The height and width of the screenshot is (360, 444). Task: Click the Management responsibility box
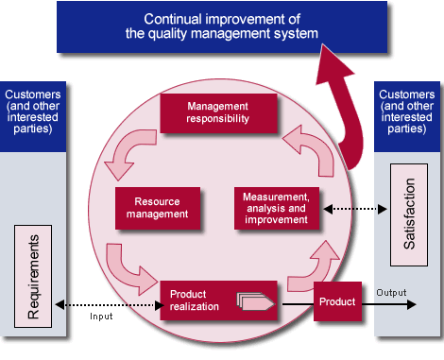(x=217, y=112)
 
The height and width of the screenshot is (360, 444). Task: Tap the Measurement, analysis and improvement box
(x=276, y=208)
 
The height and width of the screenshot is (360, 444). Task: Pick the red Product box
(x=337, y=301)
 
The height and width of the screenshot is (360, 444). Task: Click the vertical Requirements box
(x=33, y=271)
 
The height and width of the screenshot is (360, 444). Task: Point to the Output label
(x=389, y=292)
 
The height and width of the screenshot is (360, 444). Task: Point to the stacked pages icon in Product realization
(x=256, y=301)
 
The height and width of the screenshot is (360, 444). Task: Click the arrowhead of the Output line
(x=410, y=303)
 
